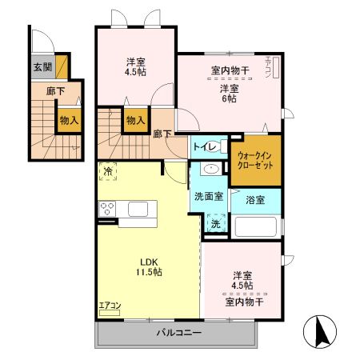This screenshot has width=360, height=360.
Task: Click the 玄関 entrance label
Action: pos(42,67)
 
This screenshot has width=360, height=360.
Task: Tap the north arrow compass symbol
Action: pos(321,330)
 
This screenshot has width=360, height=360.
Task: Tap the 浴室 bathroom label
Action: pos(255,199)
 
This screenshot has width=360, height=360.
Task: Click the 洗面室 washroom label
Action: pos(208,196)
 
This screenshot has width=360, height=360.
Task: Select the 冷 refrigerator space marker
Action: pos(107,170)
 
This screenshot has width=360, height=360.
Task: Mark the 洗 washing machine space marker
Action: pos(214,224)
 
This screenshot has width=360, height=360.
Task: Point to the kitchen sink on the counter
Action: pos(138,210)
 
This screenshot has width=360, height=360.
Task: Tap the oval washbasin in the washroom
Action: pos(212,169)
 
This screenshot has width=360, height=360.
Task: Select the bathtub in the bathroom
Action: pos(255,226)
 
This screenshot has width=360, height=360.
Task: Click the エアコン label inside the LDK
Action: pos(109,305)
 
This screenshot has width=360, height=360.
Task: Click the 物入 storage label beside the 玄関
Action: pos(68,119)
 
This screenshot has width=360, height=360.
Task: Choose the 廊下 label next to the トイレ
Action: pos(162,133)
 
